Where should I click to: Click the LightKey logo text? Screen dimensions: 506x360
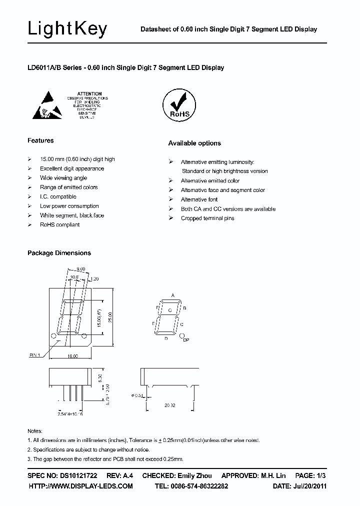point(67,29)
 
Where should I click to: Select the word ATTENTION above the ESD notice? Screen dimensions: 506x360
point(90,93)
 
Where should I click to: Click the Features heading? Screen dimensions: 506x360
point(40,140)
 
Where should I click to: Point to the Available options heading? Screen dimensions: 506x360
point(194,143)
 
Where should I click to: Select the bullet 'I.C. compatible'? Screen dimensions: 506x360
point(58,196)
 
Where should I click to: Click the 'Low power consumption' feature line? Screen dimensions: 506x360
point(69,206)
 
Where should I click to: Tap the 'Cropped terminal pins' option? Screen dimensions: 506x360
point(207,218)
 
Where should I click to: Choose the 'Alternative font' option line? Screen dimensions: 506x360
point(199,199)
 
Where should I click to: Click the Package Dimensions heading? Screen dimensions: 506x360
point(59,253)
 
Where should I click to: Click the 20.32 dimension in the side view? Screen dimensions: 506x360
point(170,406)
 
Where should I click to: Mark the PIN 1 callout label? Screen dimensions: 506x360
point(34,354)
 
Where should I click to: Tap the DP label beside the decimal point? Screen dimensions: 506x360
point(186,340)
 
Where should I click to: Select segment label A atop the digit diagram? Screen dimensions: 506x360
point(173,295)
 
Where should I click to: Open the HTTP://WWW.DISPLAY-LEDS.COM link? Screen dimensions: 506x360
point(81,486)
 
